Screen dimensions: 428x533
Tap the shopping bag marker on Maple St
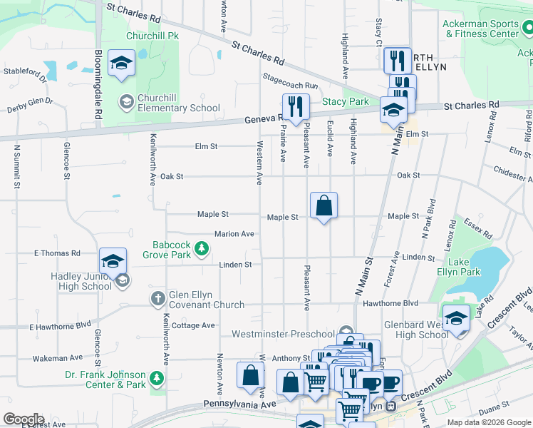tap(324, 206)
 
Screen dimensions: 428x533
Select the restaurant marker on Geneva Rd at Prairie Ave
tap(296, 108)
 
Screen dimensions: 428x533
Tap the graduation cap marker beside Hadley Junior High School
tap(113, 262)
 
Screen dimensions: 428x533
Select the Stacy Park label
tap(346, 101)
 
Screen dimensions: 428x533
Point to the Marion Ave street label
tap(234, 234)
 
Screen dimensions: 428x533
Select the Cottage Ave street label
tap(193, 325)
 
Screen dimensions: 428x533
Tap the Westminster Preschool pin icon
tap(346, 332)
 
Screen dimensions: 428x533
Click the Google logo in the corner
tap(24, 419)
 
